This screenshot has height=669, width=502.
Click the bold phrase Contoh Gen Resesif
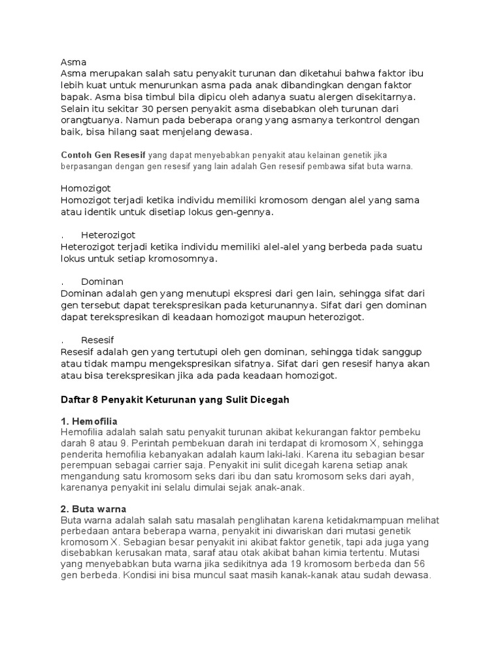tap(103, 155)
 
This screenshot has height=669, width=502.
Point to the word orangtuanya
tap(90, 120)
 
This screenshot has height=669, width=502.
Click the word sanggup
tap(399, 352)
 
